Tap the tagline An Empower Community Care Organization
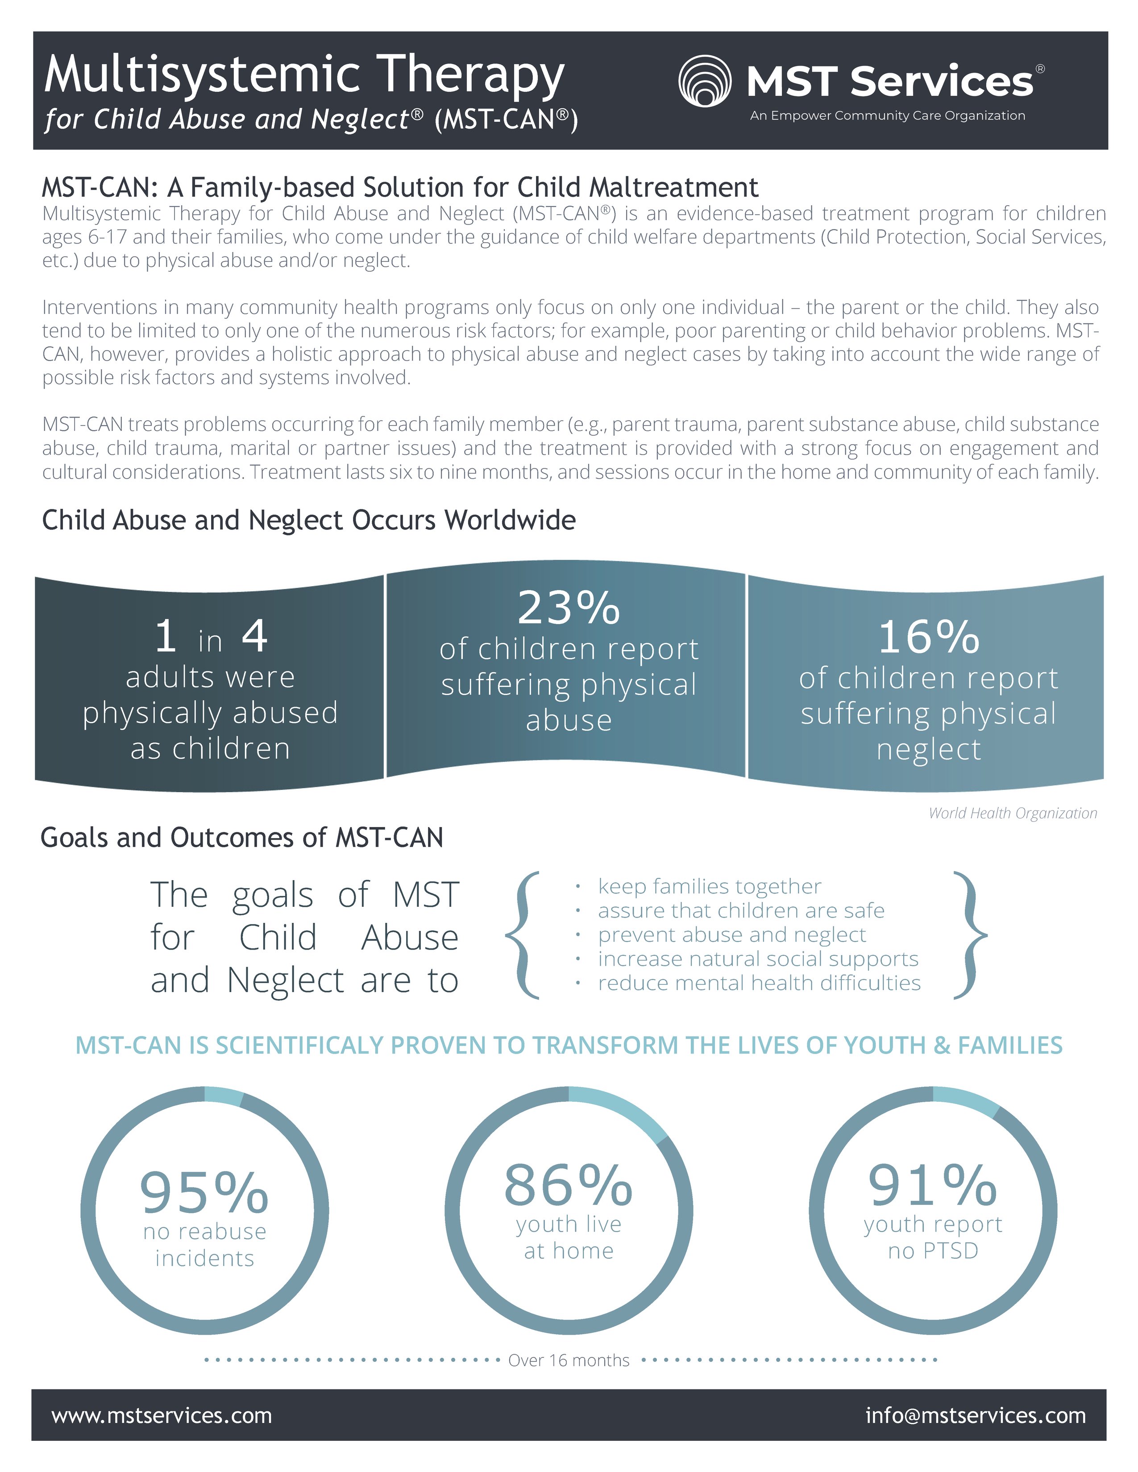tap(887, 116)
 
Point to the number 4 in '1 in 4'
tap(255, 636)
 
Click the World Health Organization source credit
tap(1013, 813)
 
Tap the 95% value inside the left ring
tap(204, 1192)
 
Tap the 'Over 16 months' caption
tap(568, 1360)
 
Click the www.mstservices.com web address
tap(162, 1415)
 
